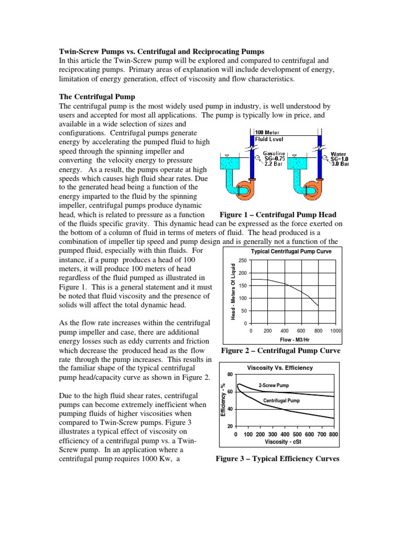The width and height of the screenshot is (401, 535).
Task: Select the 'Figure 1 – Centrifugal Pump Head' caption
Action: pyautogui.click(x=278, y=215)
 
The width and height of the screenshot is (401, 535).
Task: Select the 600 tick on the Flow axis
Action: pyautogui.click(x=301, y=331)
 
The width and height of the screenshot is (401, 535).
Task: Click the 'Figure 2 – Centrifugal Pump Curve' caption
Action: pyautogui.click(x=280, y=351)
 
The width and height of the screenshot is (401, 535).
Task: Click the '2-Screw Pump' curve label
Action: pyautogui.click(x=274, y=386)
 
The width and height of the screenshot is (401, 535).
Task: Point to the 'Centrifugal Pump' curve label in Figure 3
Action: pyautogui.click(x=281, y=401)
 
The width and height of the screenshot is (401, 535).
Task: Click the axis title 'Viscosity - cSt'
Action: pyautogui.click(x=285, y=441)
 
